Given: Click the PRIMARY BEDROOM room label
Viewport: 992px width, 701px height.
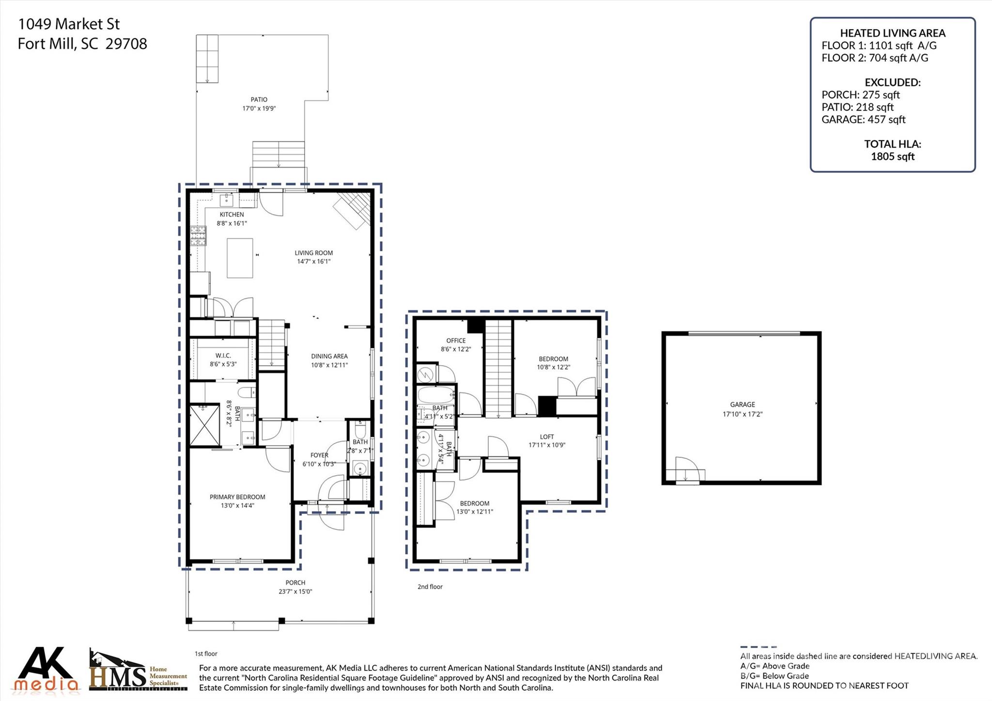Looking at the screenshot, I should point(237,497).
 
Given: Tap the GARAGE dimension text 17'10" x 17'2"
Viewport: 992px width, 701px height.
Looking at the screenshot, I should point(742,414).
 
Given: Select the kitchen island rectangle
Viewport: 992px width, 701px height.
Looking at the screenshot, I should point(240,258).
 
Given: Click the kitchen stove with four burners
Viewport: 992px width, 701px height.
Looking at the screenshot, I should point(198,236).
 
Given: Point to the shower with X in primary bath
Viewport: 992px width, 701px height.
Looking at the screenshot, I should point(205,425).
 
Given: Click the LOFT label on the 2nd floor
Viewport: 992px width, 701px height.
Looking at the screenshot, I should point(547,436).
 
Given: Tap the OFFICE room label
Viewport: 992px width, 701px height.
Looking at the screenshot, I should point(456,341).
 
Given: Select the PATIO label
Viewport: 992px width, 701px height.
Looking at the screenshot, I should point(259,99).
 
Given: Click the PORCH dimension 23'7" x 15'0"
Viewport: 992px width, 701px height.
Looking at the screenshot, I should point(295,592).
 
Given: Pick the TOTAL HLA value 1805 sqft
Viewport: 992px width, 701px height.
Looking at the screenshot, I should point(892,156).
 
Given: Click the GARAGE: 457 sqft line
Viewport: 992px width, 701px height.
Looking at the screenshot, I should point(863,120).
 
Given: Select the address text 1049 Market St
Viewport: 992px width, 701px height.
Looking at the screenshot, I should point(69,24).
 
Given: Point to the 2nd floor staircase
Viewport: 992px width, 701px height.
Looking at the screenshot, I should point(498,368).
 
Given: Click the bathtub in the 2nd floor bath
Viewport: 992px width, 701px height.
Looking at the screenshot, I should point(436,395).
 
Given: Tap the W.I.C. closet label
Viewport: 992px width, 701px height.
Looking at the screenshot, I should point(223,356).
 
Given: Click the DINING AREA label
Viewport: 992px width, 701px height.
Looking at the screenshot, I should point(329,357).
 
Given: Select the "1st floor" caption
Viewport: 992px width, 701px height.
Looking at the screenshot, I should point(206,654).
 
